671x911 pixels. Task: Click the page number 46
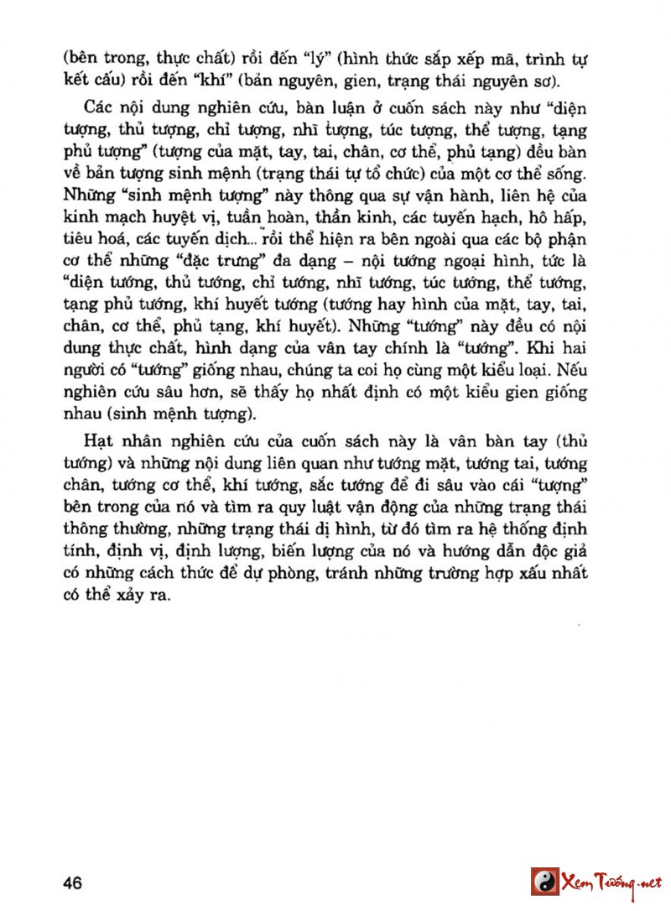71,883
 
